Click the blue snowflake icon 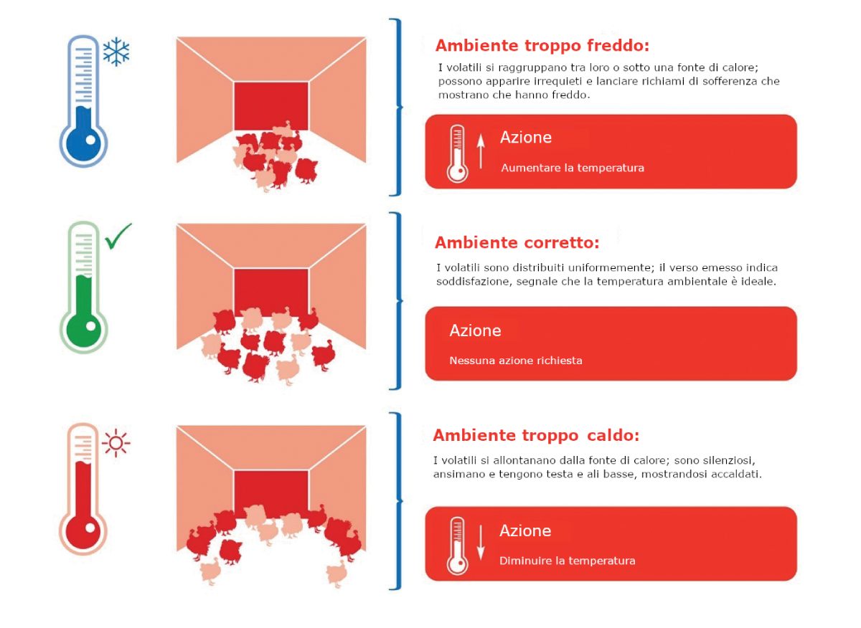click(x=116, y=52)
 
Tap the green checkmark click(x=118, y=237)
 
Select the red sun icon click(x=116, y=443)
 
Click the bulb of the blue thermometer click(x=83, y=143)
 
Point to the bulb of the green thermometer click(x=83, y=329)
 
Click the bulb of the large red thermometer click(x=83, y=531)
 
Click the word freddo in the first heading click(x=618, y=45)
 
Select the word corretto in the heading click(x=562, y=243)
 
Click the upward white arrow click(x=481, y=151)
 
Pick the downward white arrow click(x=481, y=543)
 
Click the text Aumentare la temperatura click(x=573, y=168)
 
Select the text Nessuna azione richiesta click(x=516, y=361)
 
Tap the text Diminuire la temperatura click(x=568, y=561)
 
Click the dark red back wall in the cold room click(x=271, y=105)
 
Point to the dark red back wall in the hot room click(x=271, y=493)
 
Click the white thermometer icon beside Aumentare click(x=458, y=153)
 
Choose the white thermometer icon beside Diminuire click(x=458, y=546)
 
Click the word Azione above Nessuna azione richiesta click(x=476, y=330)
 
